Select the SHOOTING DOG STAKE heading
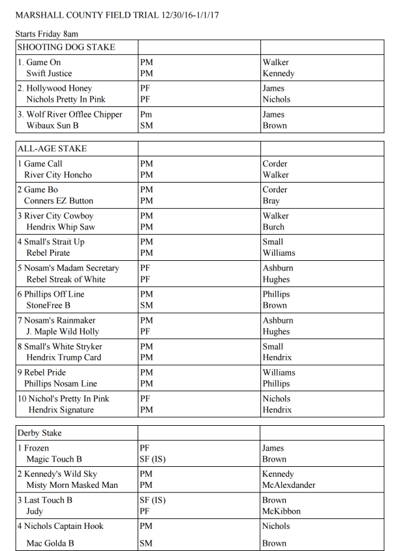[x=66, y=47]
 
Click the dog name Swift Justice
[x=49, y=74]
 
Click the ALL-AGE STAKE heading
[x=52, y=149]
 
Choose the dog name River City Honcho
[x=58, y=175]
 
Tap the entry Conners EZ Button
[x=59, y=201]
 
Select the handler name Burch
[x=273, y=227]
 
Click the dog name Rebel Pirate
[x=48, y=253]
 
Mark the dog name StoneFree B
[x=48, y=305]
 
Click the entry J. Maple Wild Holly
[x=63, y=331]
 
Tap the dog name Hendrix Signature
[x=61, y=410]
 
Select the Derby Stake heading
[x=39, y=433]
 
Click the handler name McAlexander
[x=288, y=485]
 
